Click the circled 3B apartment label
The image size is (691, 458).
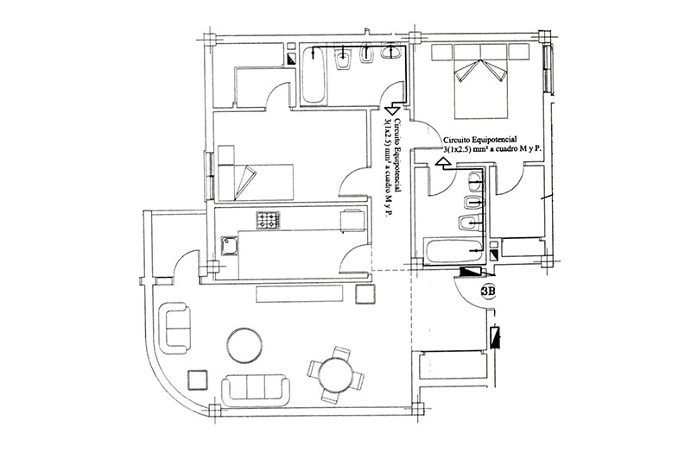[488, 292]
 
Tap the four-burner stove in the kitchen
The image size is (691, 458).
[268, 220]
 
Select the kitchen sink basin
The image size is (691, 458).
[229, 247]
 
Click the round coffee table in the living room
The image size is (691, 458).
[244, 345]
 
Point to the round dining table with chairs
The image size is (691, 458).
[336, 374]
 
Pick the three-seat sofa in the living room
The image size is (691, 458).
[256, 389]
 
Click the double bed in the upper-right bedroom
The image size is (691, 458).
[480, 81]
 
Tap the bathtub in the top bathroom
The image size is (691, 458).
[314, 76]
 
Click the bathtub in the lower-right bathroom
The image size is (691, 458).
[452, 252]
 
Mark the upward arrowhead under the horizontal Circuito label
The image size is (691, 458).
[441, 162]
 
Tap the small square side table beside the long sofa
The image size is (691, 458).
[197, 380]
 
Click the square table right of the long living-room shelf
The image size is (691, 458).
[365, 294]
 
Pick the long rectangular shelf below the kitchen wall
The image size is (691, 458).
[299, 293]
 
